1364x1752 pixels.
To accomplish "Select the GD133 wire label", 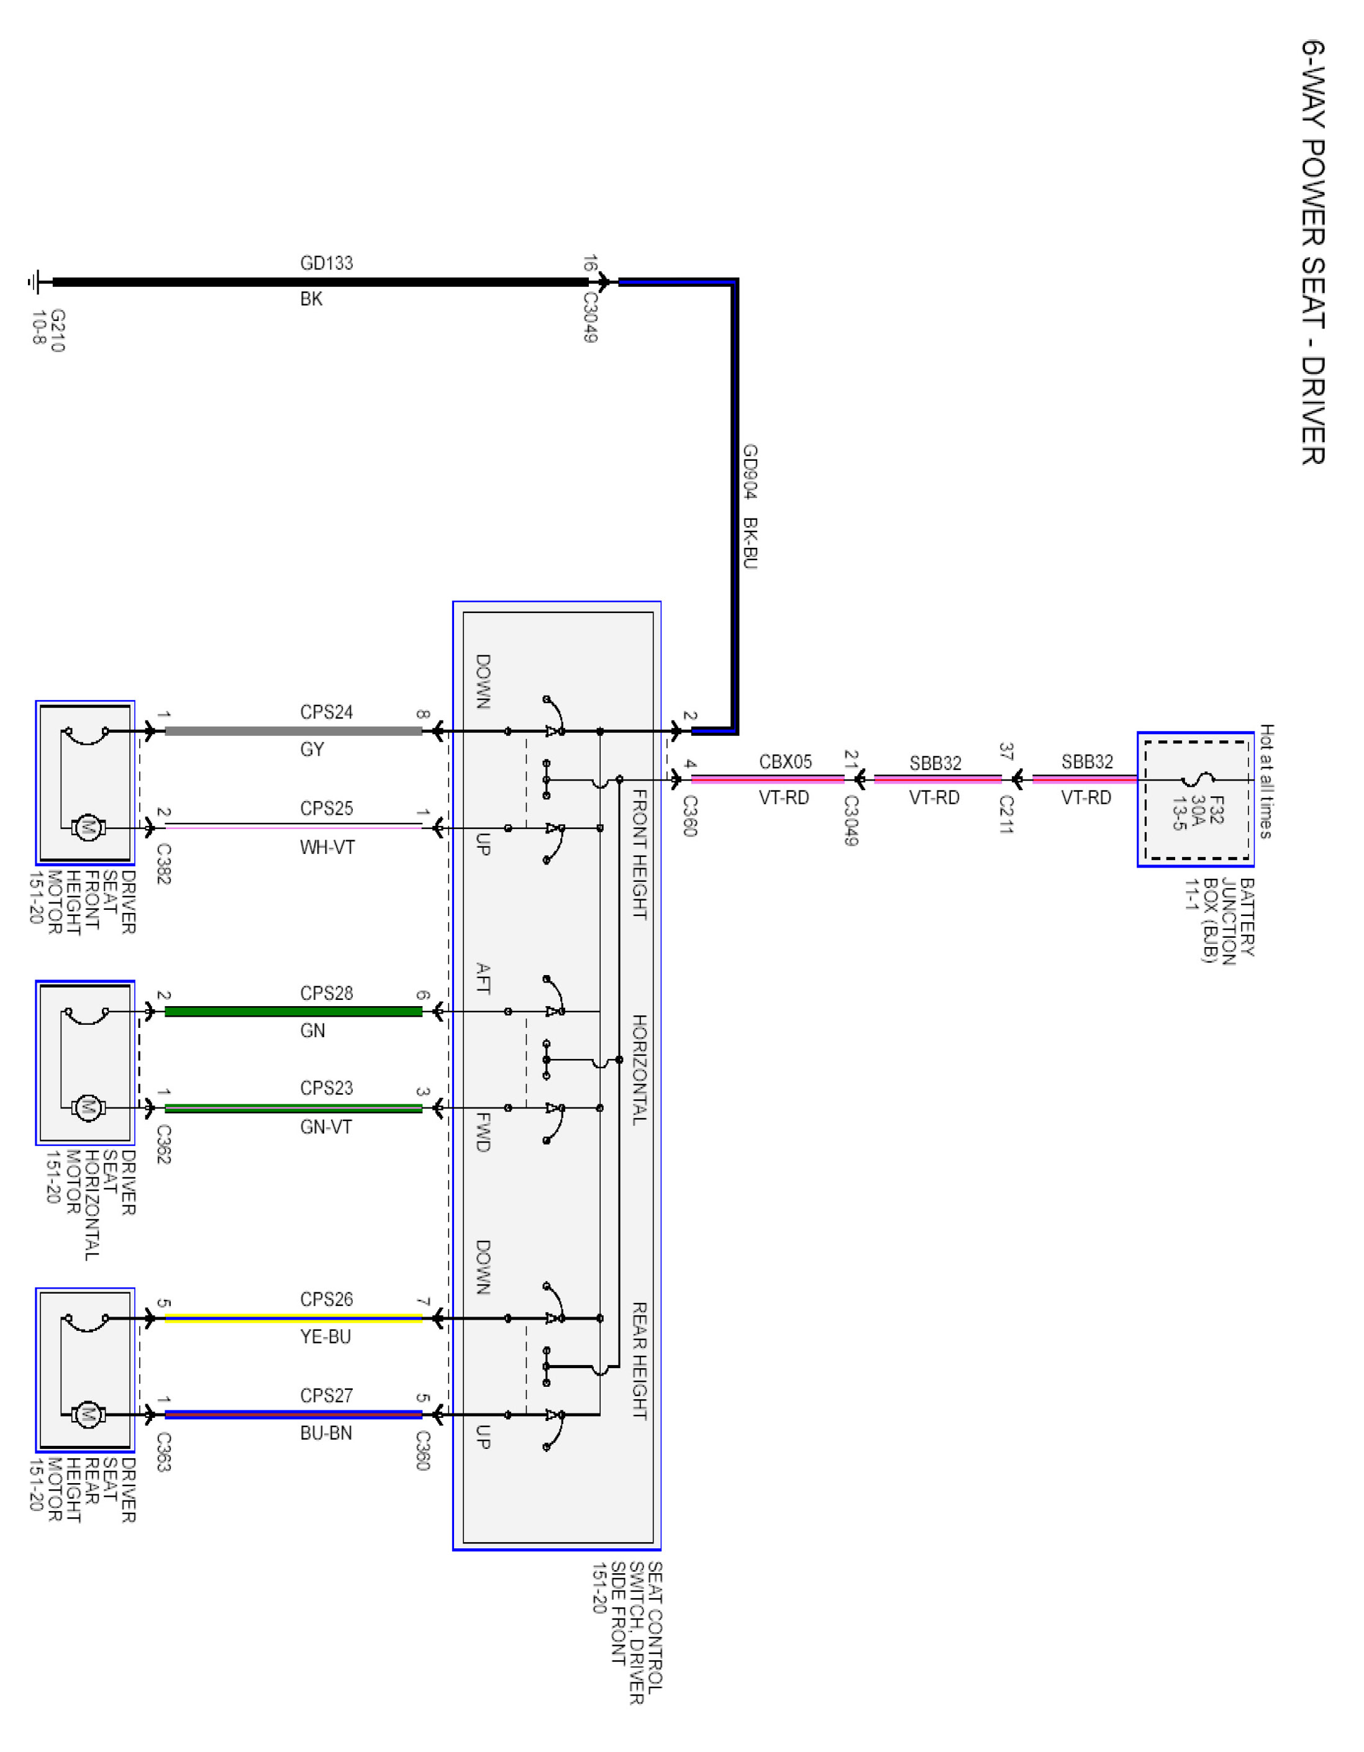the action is (327, 263).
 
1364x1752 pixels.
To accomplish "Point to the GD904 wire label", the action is (750, 472).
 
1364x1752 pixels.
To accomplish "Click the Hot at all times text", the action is (1266, 781).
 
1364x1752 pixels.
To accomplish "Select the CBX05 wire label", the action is (786, 761).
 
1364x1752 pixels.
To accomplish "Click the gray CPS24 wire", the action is (293, 731).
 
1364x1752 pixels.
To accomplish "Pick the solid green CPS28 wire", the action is (293, 1012).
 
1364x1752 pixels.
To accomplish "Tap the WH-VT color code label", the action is (327, 847).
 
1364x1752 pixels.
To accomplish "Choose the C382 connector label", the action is (164, 864).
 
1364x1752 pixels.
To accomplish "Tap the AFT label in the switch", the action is (483, 979).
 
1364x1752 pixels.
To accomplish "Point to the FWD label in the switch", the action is (483, 1132).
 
